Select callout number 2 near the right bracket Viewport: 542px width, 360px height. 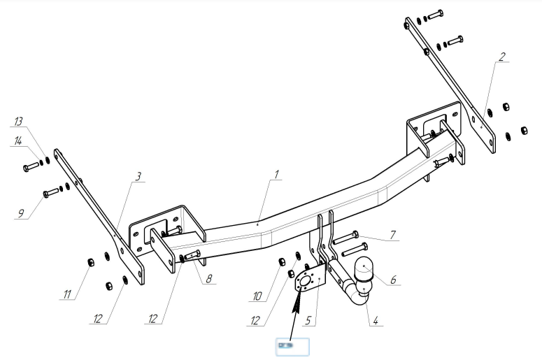coord(501,58)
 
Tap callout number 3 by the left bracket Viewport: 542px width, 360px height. coord(139,175)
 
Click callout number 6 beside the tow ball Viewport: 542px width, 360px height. coord(393,279)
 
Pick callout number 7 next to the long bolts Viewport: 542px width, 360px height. coord(394,233)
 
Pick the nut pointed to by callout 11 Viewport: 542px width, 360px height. coord(90,262)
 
